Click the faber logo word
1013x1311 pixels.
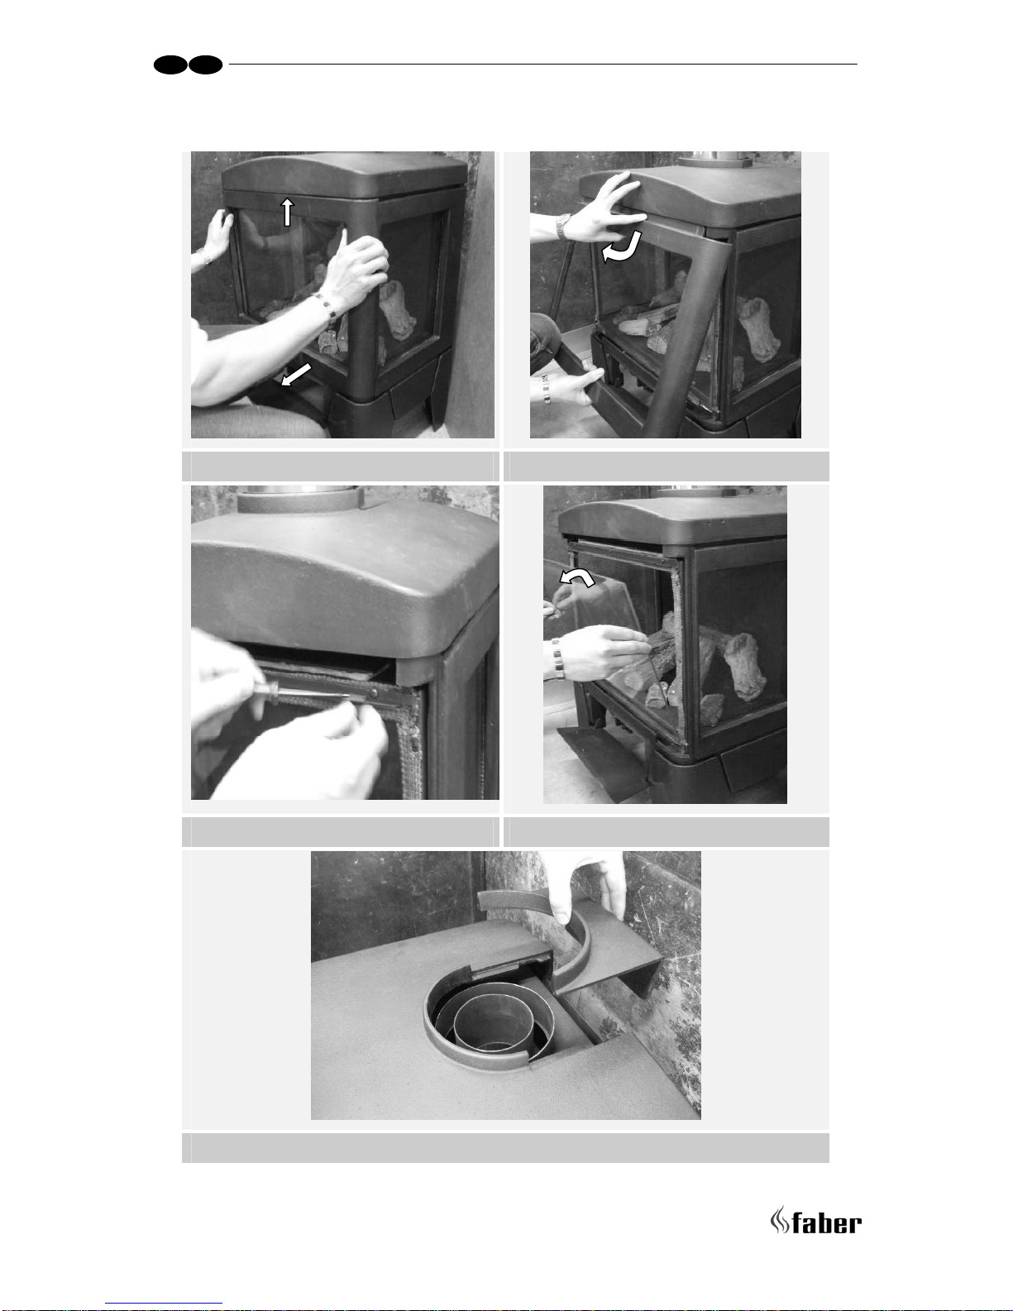click(x=826, y=1223)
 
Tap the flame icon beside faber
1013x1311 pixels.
click(x=779, y=1220)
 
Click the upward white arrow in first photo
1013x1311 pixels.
click(x=288, y=212)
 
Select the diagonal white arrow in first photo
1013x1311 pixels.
click(x=296, y=375)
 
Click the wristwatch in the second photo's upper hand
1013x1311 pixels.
click(x=562, y=227)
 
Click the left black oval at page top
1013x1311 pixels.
click(x=170, y=65)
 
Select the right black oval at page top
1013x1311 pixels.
click(x=206, y=65)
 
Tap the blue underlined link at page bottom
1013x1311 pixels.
click(x=164, y=1304)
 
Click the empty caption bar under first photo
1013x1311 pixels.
click(x=338, y=466)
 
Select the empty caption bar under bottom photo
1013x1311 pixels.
click(x=505, y=1147)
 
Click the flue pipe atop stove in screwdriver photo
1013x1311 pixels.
click(x=300, y=498)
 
